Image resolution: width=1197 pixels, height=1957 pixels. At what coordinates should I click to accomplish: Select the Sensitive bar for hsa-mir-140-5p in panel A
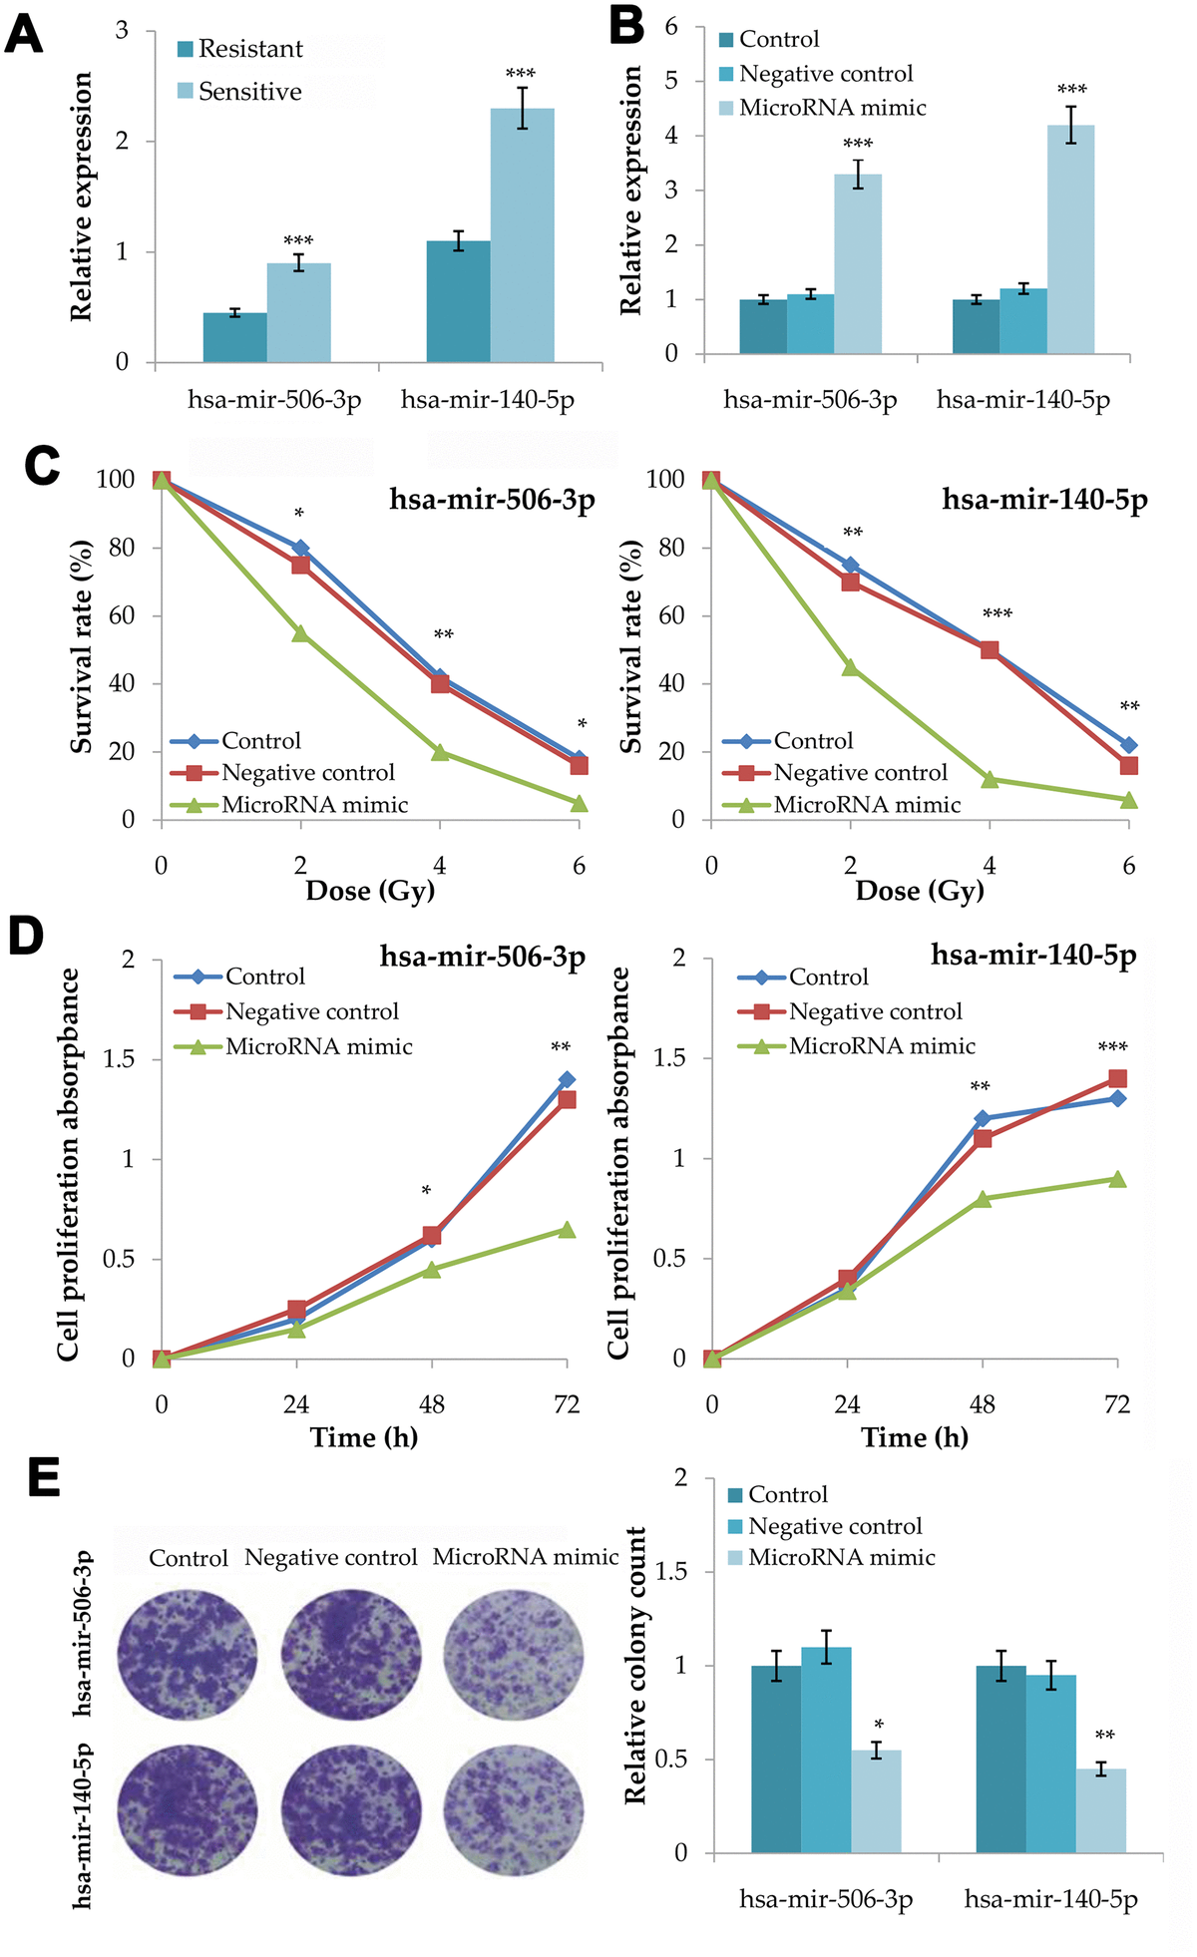coord(522,235)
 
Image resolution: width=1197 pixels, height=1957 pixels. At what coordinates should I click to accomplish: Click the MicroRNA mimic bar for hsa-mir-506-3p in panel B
coord(858,264)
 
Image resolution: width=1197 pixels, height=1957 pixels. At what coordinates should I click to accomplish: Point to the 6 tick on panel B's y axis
coord(671,27)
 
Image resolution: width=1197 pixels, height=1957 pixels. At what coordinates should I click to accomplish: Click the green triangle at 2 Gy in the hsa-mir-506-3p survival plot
coord(300,633)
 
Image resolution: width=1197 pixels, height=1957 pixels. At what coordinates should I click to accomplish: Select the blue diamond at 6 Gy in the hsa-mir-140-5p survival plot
coord(1128,745)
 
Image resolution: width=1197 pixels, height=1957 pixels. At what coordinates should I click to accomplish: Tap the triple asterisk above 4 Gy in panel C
coord(997,614)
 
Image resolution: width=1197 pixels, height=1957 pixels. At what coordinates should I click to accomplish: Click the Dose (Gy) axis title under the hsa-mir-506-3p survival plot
coord(370,891)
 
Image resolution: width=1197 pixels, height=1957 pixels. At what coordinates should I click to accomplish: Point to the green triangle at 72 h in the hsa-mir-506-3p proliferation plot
coord(567,1230)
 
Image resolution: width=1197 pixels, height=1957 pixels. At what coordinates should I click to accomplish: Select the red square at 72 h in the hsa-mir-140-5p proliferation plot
coord(1117,1078)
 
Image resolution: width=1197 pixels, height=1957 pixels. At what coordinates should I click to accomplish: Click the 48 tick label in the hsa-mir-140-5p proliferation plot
coord(982,1404)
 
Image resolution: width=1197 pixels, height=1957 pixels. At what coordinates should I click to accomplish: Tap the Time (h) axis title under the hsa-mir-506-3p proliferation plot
coord(364,1437)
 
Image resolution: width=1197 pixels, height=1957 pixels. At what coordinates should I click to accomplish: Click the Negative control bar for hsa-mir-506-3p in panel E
coord(826,1750)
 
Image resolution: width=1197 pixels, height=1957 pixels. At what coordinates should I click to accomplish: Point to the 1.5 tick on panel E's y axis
coord(674,1572)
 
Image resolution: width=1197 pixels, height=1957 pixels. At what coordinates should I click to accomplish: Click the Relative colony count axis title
coord(635,1666)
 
